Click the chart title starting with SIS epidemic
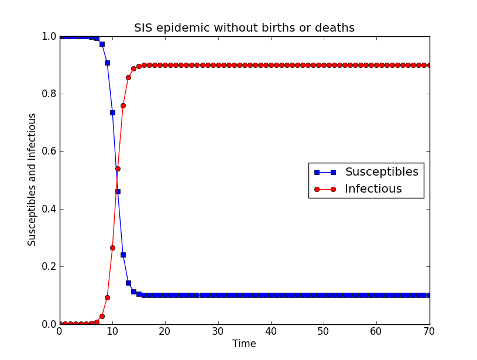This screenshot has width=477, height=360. click(244, 28)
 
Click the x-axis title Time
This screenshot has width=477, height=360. click(244, 344)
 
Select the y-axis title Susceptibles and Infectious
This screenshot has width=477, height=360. click(32, 180)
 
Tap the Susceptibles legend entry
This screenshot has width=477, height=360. click(381, 172)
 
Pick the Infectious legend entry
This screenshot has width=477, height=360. click(373, 189)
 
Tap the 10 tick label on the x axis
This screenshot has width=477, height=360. click(112, 332)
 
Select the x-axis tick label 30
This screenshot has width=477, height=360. click(218, 332)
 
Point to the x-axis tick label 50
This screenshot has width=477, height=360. click(324, 332)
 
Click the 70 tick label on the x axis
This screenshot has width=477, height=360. click(429, 332)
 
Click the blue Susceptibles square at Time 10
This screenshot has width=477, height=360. click(112, 112)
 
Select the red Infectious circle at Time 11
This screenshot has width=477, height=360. click(118, 169)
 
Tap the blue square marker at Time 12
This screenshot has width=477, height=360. click(123, 255)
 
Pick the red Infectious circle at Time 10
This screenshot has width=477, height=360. click(112, 248)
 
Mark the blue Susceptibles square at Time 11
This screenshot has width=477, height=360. click(118, 191)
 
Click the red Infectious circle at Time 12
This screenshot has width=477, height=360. click(123, 105)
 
